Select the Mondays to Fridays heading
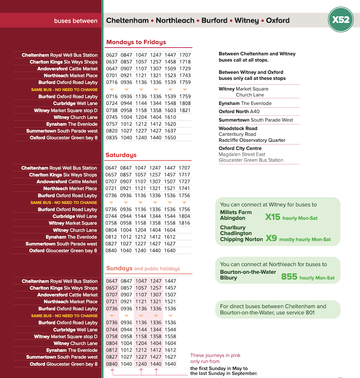[136, 42]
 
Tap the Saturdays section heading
[121, 155]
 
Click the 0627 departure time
[111, 55]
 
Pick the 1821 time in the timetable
[185, 110]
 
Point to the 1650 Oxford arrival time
[170, 138]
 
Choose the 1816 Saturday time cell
[185, 223]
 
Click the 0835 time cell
[111, 138]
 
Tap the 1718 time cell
[185, 62]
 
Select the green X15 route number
[273, 217]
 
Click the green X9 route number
[271, 239]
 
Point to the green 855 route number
[289, 277]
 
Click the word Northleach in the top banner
[175, 21]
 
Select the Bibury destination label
[229, 277]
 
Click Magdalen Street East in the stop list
[242, 154]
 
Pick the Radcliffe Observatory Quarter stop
[252, 140]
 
